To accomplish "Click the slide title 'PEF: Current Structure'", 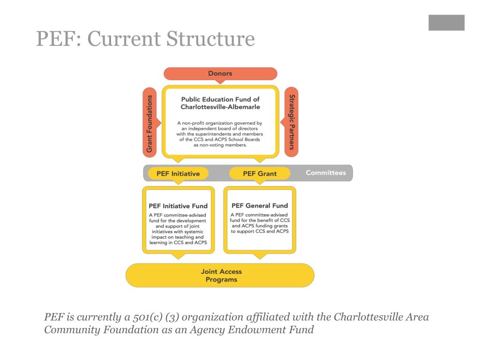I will click(145, 39).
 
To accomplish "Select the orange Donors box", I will click(220, 74).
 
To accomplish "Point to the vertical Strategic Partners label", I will click(292, 122).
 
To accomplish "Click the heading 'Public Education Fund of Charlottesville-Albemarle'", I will click(220, 103).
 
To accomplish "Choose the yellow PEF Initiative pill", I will click(178, 173).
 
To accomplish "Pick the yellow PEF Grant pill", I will click(259, 173).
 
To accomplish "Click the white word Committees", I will click(326, 173).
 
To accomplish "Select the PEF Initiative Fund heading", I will click(178, 206).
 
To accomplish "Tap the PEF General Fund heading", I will click(260, 205).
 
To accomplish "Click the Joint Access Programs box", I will click(220, 275).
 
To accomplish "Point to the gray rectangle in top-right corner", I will click(446, 22).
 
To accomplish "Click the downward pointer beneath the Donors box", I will click(220, 82).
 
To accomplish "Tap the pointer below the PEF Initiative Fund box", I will click(178, 256).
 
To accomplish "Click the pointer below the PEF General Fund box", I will click(260, 256).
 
